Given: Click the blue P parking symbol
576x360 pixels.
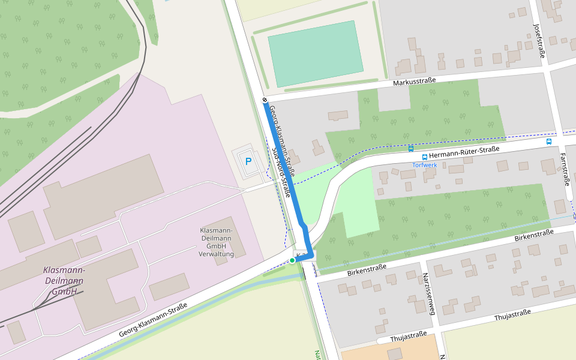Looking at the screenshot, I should (x=248, y=161).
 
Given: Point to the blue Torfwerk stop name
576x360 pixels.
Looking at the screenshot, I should (x=425, y=165).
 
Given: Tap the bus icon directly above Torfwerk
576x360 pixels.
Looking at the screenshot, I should (x=425, y=157).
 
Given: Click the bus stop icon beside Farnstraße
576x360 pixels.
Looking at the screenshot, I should (x=549, y=142).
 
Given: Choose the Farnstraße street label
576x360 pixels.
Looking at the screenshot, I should (x=565, y=169).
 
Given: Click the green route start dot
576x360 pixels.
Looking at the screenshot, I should (x=292, y=260).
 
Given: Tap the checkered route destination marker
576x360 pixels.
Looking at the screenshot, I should (x=265, y=100).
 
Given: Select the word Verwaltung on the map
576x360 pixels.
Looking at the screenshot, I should (x=216, y=254).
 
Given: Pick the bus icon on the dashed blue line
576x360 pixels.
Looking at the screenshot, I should (x=410, y=148).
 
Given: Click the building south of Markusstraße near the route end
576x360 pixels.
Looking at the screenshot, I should (x=338, y=115).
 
